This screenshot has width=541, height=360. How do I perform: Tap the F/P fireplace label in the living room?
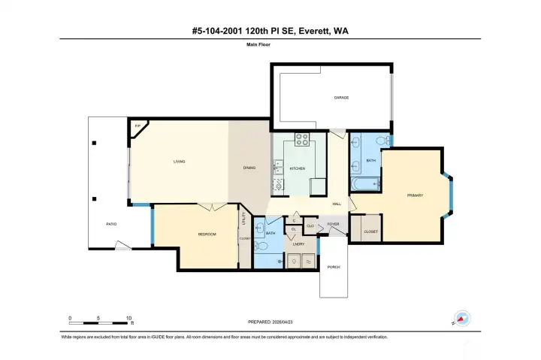[137, 126]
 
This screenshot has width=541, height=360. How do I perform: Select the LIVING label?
[180, 162]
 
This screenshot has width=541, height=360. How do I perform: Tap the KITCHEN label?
[298, 168]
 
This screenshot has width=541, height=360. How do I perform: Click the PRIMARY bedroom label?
[415, 195]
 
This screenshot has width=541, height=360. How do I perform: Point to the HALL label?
[337, 204]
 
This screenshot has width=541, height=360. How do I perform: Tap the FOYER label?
[333, 224]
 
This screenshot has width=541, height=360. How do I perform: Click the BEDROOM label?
[207, 234]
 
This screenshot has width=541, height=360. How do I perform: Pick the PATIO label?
[110, 223]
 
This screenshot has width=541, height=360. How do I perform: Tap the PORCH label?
[334, 268]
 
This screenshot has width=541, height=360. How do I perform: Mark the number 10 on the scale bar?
[129, 318]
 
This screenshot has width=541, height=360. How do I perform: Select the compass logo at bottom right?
[461, 319]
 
